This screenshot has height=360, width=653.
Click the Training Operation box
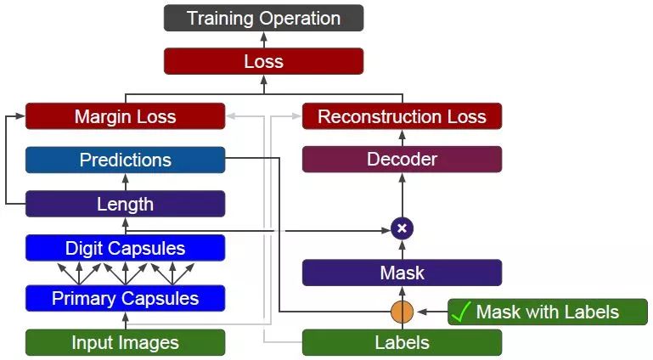tap(263, 18)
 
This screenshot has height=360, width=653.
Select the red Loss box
tap(263, 61)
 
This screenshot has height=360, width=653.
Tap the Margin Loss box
tap(125, 116)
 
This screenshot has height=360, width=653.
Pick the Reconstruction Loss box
tap(402, 116)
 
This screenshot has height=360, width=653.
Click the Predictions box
tap(125, 160)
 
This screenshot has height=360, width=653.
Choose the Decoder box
tap(402, 159)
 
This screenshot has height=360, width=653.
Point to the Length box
tap(125, 204)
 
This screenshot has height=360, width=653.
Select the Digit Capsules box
tap(125, 248)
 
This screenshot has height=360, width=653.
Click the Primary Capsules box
tap(125, 298)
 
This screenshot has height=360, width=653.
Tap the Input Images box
tap(125, 342)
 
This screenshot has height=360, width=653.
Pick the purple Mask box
tap(402, 273)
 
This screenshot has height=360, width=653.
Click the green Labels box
tap(402, 342)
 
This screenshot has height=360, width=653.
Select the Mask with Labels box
tap(548, 312)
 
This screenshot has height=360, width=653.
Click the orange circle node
tap(402, 312)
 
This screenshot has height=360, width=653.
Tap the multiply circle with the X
tap(402, 228)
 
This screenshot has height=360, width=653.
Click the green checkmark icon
tap(460, 312)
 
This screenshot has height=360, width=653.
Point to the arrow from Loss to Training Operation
tap(263, 40)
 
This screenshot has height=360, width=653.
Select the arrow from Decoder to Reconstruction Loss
tap(402, 138)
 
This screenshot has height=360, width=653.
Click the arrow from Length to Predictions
tap(125, 182)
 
